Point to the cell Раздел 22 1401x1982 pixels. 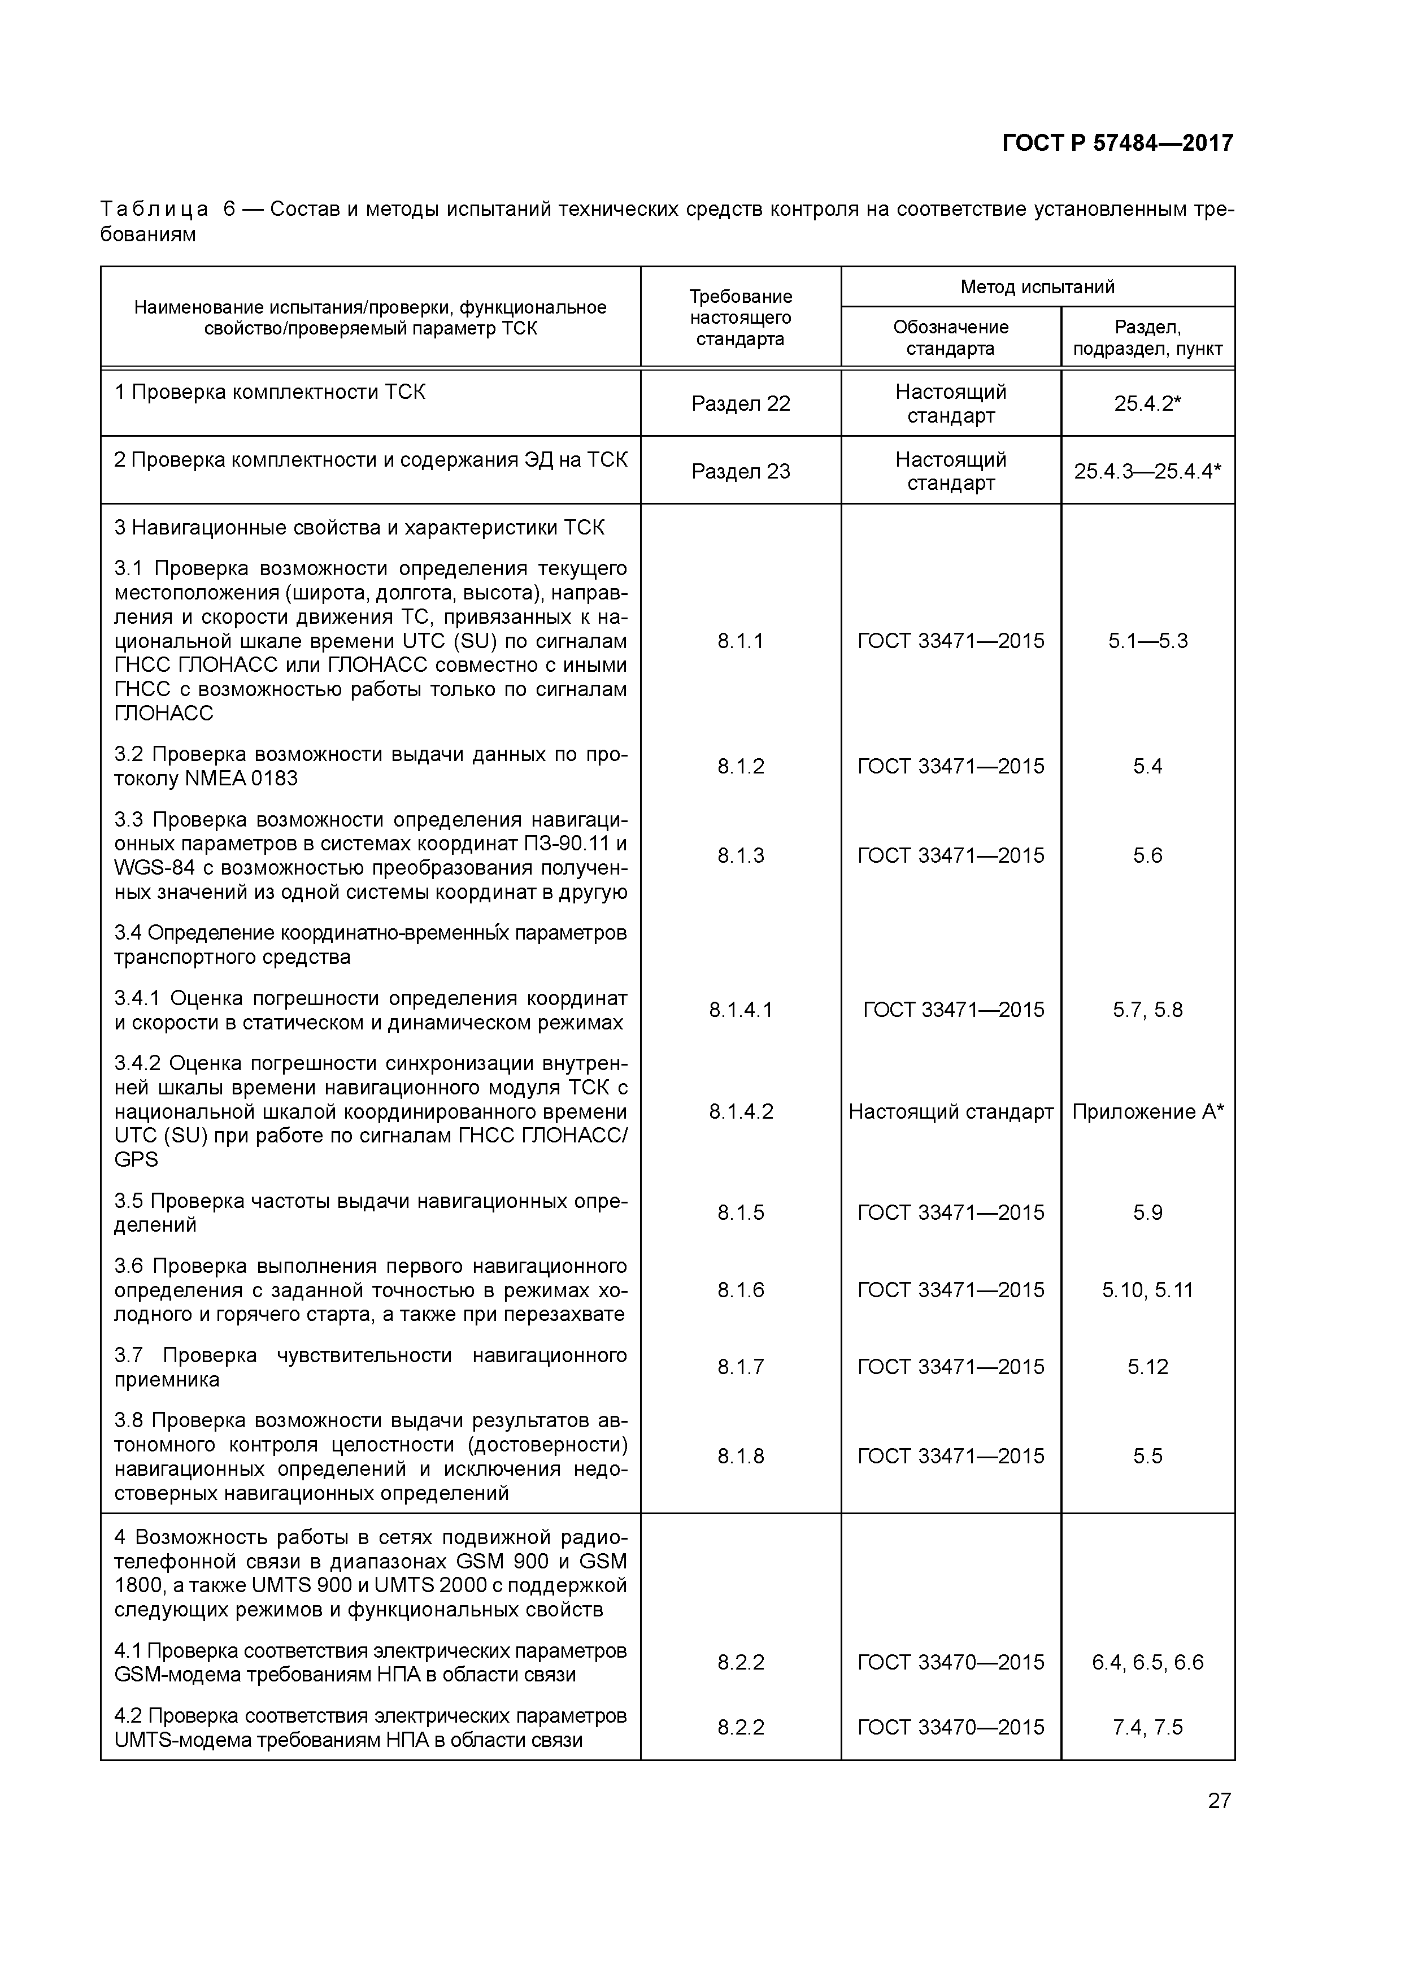pyautogui.click(x=740, y=403)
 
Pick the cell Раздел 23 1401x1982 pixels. pyautogui.click(x=740, y=471)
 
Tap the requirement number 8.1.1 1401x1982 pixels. pyautogui.click(x=740, y=641)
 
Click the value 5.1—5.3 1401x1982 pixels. pyautogui.click(x=1147, y=641)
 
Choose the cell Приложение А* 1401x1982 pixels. pyautogui.click(x=1147, y=1111)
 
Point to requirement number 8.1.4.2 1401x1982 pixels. pyautogui.click(x=740, y=1111)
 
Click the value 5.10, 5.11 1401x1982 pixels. pyautogui.click(x=1147, y=1290)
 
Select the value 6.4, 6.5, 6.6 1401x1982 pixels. pyautogui.click(x=1147, y=1662)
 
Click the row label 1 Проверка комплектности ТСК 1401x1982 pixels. pyautogui.click(x=269, y=392)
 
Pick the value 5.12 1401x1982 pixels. pyautogui.click(x=1147, y=1367)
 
